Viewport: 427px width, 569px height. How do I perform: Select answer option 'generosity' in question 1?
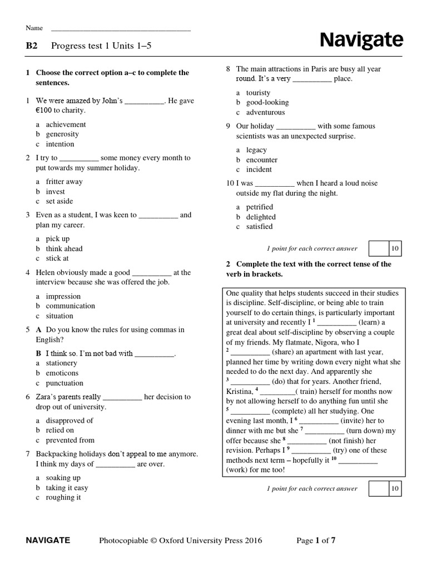click(62, 134)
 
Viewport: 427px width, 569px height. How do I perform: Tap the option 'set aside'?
click(59, 201)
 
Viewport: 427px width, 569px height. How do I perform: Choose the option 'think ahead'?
click(64, 248)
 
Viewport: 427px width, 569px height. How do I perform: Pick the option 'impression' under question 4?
click(63, 296)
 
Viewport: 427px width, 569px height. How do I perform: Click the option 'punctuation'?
click(64, 383)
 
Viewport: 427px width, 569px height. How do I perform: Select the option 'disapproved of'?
click(69, 421)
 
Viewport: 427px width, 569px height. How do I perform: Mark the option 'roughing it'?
click(63, 497)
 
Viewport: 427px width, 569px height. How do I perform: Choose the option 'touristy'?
click(259, 93)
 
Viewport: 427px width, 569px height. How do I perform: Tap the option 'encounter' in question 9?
click(262, 159)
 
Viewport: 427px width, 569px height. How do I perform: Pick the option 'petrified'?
click(260, 207)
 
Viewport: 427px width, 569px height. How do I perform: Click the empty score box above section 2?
click(378, 248)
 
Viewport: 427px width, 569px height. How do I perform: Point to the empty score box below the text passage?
click(378, 489)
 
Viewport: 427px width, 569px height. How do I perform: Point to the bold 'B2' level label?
click(32, 46)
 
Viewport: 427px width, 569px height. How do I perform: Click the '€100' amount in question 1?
click(45, 110)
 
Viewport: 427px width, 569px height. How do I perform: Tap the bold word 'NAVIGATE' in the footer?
click(48, 540)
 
